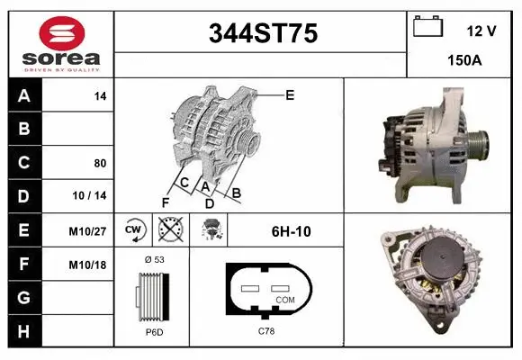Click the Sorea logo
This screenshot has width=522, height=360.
coord(62,44)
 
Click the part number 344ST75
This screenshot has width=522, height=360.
coord(262,34)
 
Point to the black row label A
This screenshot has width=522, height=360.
coord(24,96)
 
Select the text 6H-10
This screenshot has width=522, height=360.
coord(291,231)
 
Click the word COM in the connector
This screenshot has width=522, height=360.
coord(284,299)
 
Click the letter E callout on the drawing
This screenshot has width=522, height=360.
coord(289,94)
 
